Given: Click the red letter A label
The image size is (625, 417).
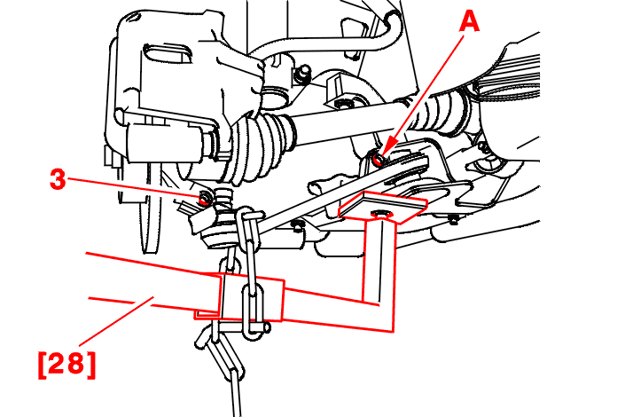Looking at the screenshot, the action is (469, 21).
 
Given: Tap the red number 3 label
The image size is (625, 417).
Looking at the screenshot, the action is (58, 178).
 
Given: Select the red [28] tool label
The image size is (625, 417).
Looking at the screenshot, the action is (67, 364).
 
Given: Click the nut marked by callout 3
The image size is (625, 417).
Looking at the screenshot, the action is (205, 198).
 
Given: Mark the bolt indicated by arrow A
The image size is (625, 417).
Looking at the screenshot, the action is (378, 159).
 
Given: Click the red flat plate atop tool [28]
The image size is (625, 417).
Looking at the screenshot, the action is (383, 206).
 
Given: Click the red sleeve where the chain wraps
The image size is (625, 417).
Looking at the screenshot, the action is (251, 297).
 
